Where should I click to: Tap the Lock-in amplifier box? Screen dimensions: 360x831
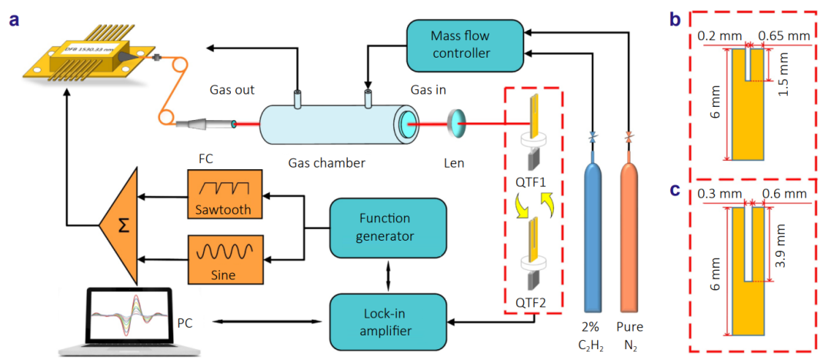point(388,319)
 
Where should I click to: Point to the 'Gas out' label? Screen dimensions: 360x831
point(232,90)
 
